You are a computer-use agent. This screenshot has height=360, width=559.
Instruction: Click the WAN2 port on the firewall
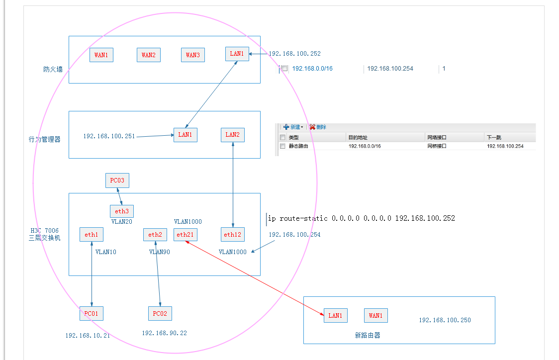[x=149, y=55]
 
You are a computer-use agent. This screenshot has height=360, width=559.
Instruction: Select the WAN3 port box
[x=193, y=55]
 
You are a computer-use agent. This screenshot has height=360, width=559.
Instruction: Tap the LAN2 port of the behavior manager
[x=233, y=135]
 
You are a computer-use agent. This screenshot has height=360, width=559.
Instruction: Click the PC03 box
[x=117, y=180]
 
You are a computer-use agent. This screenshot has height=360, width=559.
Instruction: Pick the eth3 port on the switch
[x=122, y=211]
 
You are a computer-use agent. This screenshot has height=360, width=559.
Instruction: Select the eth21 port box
[x=186, y=235]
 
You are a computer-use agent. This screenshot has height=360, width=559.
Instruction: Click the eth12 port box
[x=233, y=235]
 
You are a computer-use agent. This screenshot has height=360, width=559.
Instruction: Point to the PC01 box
[x=92, y=314]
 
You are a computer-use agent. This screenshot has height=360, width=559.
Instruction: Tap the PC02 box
[x=160, y=314]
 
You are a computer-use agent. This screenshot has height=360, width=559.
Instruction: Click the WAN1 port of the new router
[x=376, y=315]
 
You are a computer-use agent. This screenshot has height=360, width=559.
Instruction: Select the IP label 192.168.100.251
[x=109, y=136]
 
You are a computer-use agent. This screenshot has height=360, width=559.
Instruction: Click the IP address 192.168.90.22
[x=165, y=333]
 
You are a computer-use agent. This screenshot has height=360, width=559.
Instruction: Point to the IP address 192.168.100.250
[x=445, y=320]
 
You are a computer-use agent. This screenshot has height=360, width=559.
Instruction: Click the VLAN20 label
[x=121, y=222]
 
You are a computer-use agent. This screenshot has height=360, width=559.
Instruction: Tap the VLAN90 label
[x=159, y=252]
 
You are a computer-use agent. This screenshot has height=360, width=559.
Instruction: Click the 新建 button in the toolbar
[x=292, y=127]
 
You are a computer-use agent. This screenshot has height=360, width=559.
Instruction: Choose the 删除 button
[x=318, y=127]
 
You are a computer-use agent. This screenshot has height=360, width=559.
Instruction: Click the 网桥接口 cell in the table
[x=437, y=146]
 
